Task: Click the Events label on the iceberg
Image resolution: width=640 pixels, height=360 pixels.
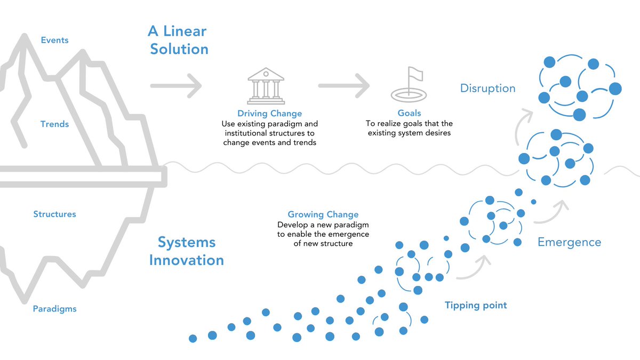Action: (x=54, y=40)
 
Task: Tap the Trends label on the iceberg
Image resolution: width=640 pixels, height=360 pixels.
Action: (x=54, y=124)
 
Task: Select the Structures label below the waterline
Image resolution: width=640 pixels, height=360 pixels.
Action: (x=54, y=214)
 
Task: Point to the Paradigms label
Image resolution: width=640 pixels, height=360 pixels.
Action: (x=54, y=309)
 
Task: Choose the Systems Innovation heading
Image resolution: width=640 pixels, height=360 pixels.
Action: (x=186, y=251)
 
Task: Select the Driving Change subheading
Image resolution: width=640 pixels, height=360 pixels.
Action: (x=269, y=114)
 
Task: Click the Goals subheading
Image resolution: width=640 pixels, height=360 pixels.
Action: (x=409, y=113)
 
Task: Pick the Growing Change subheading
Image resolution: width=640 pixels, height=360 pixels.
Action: (x=323, y=214)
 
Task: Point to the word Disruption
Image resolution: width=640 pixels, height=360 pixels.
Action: (x=487, y=88)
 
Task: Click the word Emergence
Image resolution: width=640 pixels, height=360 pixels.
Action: (x=569, y=243)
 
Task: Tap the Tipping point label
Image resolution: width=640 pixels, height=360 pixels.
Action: (x=476, y=306)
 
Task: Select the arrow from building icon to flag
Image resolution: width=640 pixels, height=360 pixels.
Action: (x=344, y=85)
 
